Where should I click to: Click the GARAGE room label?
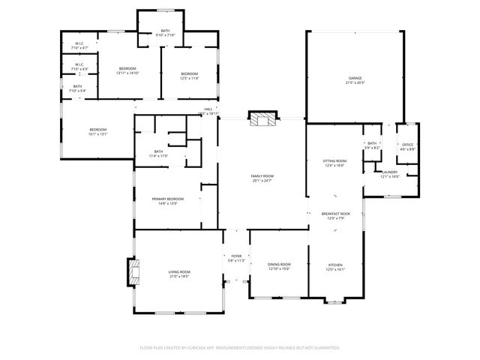tap(355, 78)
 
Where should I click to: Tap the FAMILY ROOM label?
tap(262, 176)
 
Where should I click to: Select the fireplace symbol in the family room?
tap(262, 120)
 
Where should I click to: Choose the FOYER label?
tap(236, 256)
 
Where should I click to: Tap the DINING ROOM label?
tap(279, 265)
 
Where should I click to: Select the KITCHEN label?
tap(335, 265)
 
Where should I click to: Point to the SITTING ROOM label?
tap(334, 160)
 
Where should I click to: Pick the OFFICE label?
tap(407, 145)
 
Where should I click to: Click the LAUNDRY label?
tap(389, 172)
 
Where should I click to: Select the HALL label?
tap(208, 109)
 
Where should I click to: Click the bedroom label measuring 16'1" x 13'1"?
tap(98, 130)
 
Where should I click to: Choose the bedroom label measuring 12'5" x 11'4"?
tap(189, 73)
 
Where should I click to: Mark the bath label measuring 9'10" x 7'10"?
tap(165, 31)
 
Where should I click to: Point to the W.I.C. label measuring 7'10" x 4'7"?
tap(79, 43)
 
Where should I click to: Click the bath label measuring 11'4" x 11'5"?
tap(158, 152)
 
